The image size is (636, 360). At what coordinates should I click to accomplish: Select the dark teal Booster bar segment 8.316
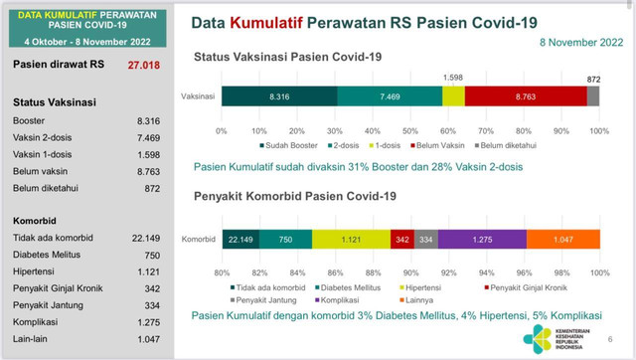coord(279,96)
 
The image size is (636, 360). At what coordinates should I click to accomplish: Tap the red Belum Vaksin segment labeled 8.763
coord(525,96)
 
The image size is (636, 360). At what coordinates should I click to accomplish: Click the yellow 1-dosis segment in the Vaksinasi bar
coord(453,96)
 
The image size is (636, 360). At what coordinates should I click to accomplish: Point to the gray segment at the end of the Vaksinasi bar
coord(593,96)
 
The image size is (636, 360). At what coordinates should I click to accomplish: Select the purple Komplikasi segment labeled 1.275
coord(481,240)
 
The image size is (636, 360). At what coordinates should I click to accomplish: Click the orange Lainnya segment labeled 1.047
coord(562,240)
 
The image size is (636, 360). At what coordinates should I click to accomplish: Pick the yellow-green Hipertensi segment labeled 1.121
coord(351,240)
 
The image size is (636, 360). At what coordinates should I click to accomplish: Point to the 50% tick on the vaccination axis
coord(410,129)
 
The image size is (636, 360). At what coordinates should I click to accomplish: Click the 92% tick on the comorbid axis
coord(448,270)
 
